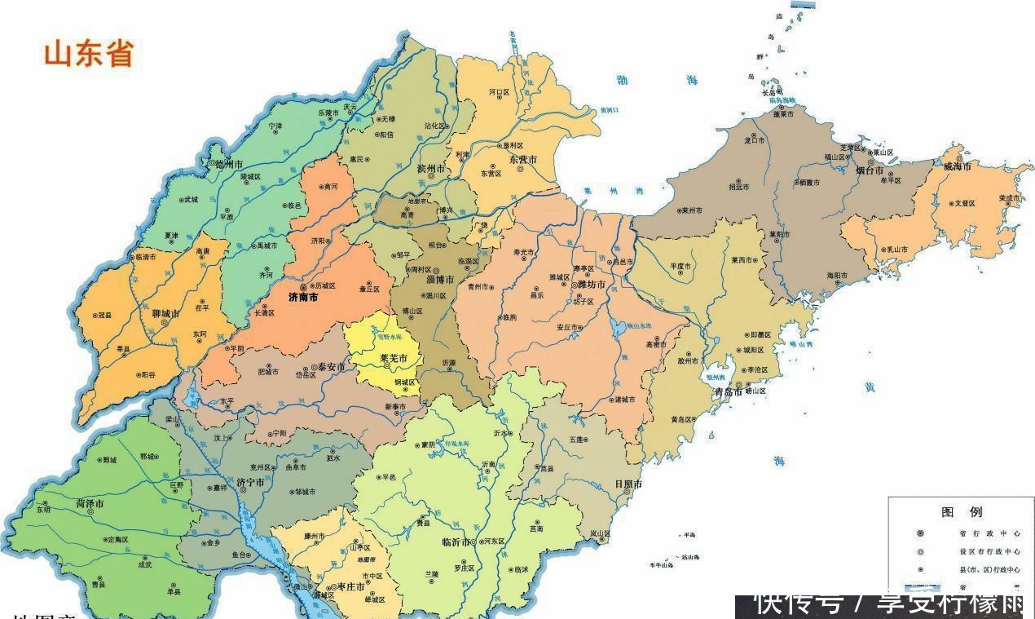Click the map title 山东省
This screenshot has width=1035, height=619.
tap(88, 55)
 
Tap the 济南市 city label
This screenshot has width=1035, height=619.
tap(304, 298)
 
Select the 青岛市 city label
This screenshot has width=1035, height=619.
tap(727, 391)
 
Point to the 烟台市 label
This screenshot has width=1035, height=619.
tap(870, 171)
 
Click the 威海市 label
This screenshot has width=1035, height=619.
tap(958, 166)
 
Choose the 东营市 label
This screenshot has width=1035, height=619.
tap(522, 160)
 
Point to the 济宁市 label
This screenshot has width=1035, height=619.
tap(250, 482)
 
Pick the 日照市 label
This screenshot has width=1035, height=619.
tap(628, 484)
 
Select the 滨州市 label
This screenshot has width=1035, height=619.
tap(430, 169)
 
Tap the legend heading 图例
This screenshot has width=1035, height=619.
tap(962, 512)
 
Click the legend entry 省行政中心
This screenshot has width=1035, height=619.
tap(978, 533)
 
